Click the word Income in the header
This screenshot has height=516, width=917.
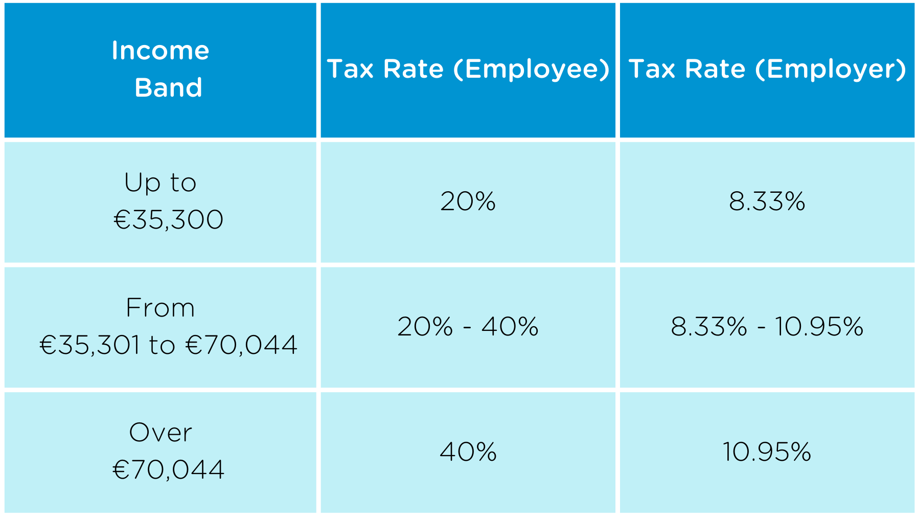161,51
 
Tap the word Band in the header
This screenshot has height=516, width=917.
168,88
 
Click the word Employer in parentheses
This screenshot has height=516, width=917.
831,70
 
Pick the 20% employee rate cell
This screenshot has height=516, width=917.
468,201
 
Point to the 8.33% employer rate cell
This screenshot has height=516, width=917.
767,201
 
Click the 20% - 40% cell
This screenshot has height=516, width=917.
468,327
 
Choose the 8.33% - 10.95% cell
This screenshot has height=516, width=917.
767,327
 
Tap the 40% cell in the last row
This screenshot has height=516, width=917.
468,452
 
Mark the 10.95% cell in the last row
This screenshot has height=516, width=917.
767,452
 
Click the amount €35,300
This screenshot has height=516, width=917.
168,220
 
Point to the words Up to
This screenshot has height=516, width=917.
161,183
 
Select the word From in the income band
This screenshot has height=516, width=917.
161,308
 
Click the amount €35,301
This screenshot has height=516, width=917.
90,345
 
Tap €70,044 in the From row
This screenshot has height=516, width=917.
241,345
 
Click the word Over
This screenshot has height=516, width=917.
161,433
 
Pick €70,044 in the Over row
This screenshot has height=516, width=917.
168,470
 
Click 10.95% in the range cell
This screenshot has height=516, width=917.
819,327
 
